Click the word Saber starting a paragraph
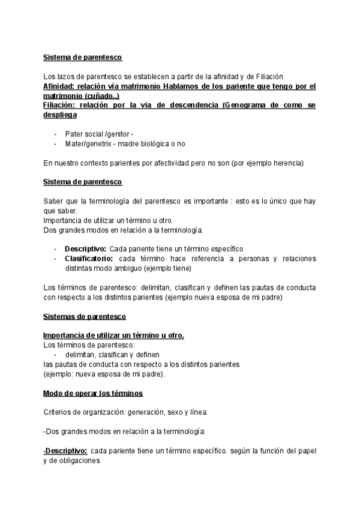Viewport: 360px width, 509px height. click(53, 201)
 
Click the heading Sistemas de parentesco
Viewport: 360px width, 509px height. click(84, 316)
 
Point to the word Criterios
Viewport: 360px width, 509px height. click(58, 412)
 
